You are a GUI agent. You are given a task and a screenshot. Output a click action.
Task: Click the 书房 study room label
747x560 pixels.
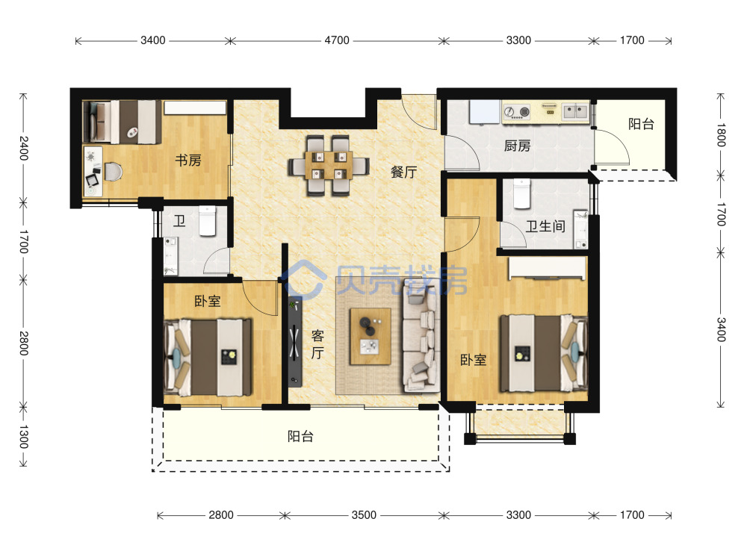(x=188, y=161)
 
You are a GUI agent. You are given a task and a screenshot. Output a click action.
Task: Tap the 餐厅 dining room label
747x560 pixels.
(x=403, y=172)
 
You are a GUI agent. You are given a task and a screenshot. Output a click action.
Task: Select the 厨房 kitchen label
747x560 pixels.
(x=518, y=146)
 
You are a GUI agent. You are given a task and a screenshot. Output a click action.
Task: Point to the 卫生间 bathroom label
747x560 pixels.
(x=545, y=226)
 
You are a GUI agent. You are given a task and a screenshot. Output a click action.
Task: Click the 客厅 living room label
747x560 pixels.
(x=317, y=344)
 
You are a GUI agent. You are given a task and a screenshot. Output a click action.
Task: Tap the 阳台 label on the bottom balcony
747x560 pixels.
(x=300, y=436)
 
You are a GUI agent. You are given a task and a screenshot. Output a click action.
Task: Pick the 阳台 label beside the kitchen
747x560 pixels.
(x=641, y=124)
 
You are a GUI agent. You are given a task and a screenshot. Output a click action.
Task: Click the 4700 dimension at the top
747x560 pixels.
(x=337, y=40)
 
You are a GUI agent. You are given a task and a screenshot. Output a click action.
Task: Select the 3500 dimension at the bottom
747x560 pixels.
(x=364, y=515)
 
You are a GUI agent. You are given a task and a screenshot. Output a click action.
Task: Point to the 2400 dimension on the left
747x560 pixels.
(x=24, y=148)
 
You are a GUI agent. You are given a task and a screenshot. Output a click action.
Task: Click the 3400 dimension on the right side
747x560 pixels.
(x=721, y=329)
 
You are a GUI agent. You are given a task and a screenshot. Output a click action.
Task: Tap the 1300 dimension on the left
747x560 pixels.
(x=24, y=437)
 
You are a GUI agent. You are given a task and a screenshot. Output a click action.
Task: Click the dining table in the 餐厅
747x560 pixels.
(x=329, y=165)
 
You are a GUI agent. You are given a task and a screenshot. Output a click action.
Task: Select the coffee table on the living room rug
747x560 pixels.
(x=371, y=337)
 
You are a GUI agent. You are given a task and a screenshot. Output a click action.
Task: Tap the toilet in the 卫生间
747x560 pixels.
(x=522, y=194)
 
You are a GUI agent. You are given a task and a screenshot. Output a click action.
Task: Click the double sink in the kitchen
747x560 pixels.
(x=575, y=112)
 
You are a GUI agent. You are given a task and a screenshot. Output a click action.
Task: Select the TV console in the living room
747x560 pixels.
(x=295, y=341)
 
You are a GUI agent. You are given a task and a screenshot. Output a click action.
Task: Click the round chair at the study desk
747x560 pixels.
(x=114, y=172)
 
